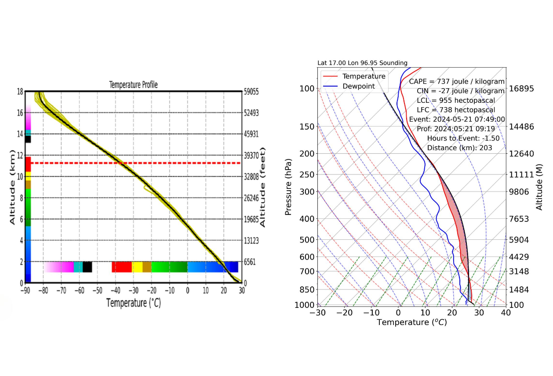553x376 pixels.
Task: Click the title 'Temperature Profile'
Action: (133, 85)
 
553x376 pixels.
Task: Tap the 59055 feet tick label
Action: (252, 92)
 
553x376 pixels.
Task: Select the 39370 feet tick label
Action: (252, 155)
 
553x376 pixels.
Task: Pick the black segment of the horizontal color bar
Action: (87, 267)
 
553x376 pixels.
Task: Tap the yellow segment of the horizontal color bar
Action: (137, 267)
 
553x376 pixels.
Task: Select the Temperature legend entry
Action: (364, 76)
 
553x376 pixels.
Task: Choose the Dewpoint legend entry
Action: (359, 86)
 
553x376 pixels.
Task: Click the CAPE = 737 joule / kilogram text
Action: (457, 81)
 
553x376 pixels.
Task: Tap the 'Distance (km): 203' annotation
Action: (459, 148)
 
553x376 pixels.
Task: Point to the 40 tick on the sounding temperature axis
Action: (506, 313)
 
